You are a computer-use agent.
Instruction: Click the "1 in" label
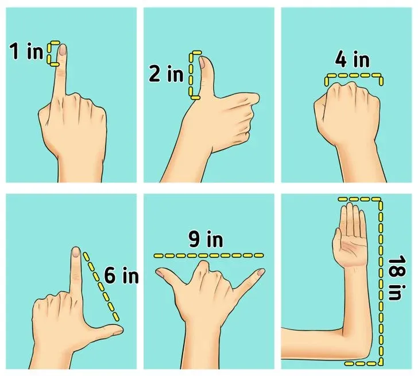(26, 51)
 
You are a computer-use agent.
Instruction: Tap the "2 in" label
(166, 74)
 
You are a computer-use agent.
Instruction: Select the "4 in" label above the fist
(353, 60)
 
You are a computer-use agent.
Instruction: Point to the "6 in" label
(121, 275)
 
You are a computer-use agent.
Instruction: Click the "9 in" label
(206, 239)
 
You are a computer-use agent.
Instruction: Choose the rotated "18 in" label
(397, 278)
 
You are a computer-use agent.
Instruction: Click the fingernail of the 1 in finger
(63, 49)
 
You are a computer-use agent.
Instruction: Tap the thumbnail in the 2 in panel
(202, 63)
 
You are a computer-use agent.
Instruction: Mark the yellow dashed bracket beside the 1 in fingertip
(49, 53)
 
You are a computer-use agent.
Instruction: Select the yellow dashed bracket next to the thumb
(191, 75)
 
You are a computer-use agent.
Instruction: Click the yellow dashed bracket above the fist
(354, 75)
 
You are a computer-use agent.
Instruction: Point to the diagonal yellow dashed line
(101, 286)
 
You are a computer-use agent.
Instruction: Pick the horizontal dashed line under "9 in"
(208, 256)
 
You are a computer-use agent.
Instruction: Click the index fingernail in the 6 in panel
(76, 252)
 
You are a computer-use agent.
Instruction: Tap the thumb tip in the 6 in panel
(119, 331)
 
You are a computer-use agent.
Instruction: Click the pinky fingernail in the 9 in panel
(261, 272)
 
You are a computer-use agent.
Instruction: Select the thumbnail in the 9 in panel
(160, 273)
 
